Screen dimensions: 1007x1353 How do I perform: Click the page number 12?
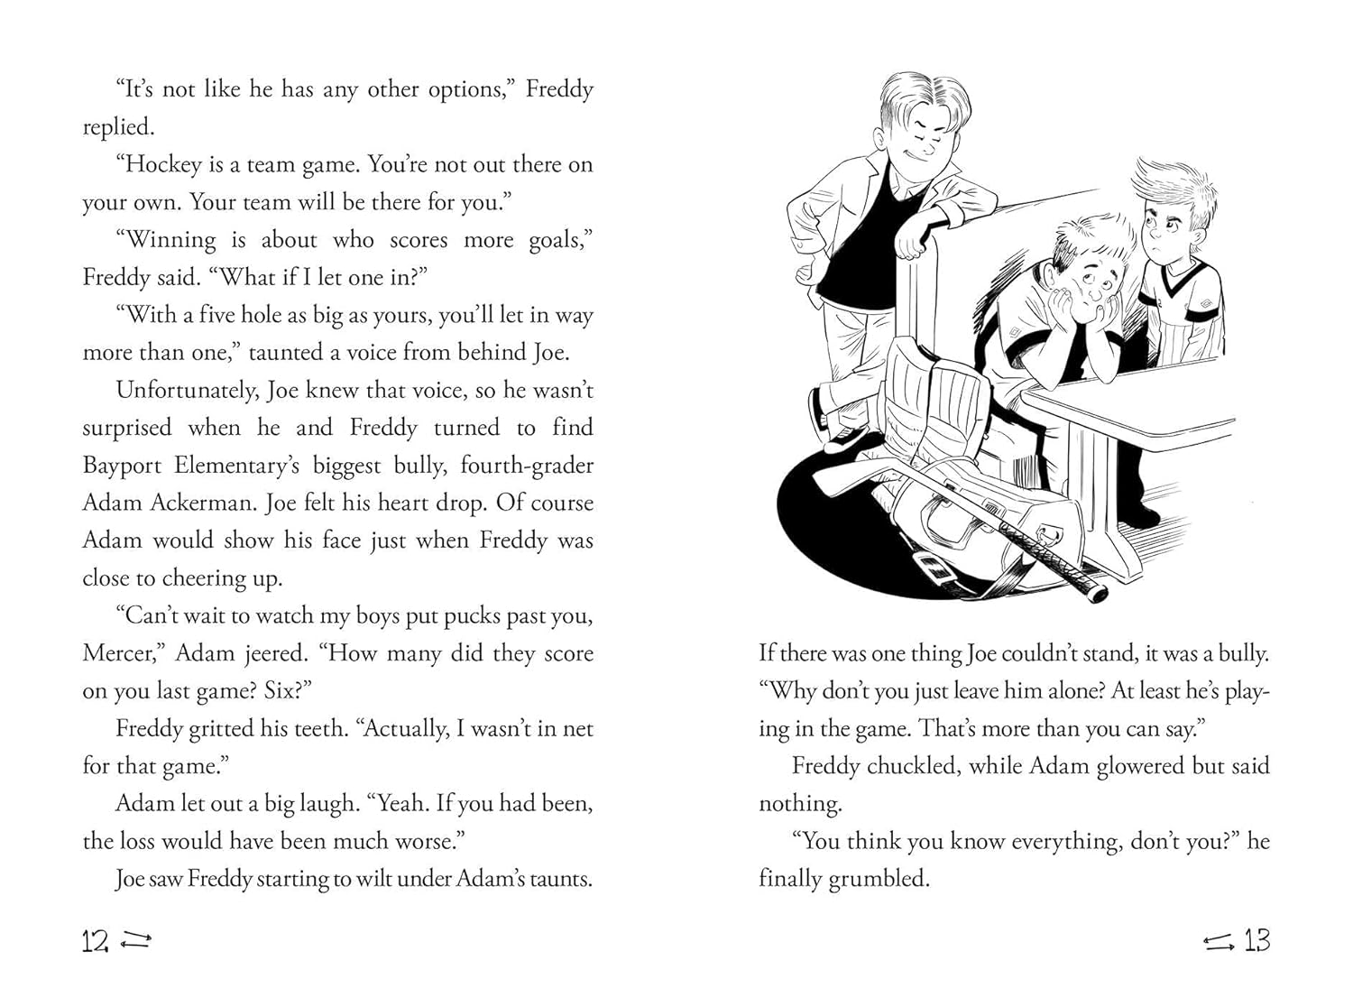pos(95,942)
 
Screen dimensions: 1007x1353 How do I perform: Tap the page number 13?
pos(1257,941)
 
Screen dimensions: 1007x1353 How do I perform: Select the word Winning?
pos(170,240)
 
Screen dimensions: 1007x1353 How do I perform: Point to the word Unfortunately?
pos(187,391)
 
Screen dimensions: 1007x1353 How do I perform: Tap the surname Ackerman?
pos(203,503)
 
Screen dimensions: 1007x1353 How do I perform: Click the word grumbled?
pos(879,879)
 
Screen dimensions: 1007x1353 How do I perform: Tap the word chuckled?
pos(911,767)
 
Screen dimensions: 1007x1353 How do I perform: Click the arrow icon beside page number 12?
pos(135,942)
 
